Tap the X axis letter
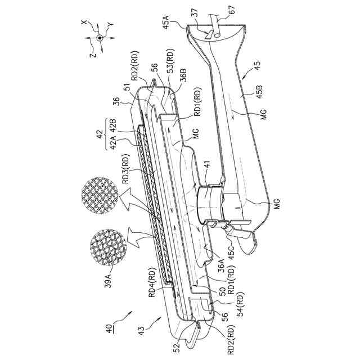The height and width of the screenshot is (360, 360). click(84, 22)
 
